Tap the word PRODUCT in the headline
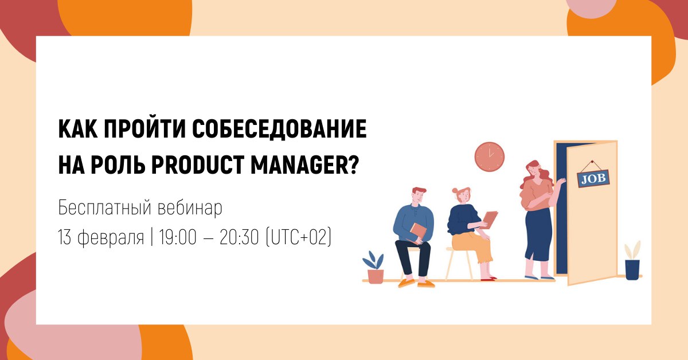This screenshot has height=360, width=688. tap(197, 165)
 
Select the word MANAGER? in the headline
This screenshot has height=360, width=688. tap(304, 165)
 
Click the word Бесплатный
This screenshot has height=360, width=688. tap(105, 208)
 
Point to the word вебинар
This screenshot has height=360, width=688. tap(190, 208)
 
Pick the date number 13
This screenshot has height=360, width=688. tap(64, 237)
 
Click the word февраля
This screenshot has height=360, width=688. tap(111, 238)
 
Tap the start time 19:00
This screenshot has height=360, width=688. tap(178, 237)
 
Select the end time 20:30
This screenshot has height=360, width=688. tap(239, 237)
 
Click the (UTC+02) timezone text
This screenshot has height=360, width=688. tap(299, 237)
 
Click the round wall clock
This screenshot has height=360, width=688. tap(489, 156)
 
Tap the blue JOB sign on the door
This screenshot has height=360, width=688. tap(593, 178)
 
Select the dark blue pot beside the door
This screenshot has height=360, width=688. tap(632, 269)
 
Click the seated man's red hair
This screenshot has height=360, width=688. tap(419, 190)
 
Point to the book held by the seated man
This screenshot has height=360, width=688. tap(418, 233)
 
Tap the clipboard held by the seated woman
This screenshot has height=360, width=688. tap(490, 220)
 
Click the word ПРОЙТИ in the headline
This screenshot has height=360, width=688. tap(145, 129)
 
